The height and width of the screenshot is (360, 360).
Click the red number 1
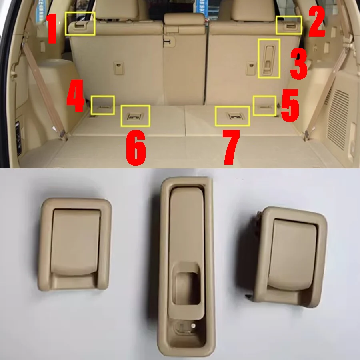[x=52, y=28]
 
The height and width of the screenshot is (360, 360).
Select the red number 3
[x=298, y=64]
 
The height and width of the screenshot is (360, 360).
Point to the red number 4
[x=75, y=96]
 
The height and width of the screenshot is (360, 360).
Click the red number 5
[x=290, y=105]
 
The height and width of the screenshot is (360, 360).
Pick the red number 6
[x=136, y=148]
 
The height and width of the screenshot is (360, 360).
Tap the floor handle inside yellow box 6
[x=135, y=117]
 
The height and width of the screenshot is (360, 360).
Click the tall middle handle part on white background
[x=186, y=266]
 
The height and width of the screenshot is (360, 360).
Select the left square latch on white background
[x=75, y=244]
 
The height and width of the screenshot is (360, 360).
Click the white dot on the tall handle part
[x=193, y=326]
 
